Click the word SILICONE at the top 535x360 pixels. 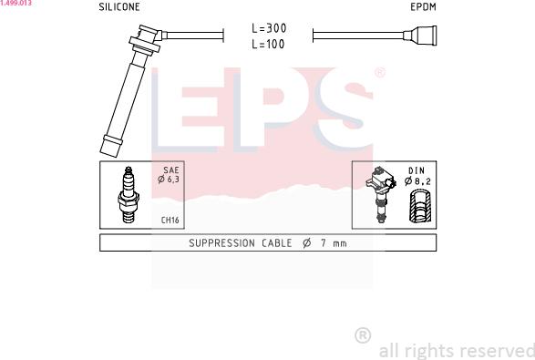click(x=119, y=6)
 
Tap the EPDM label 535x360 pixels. click(x=423, y=6)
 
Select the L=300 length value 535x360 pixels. click(x=269, y=28)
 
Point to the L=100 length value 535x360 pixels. click(x=268, y=44)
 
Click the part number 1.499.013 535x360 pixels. click(x=15, y=3)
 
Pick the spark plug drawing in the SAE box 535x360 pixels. click(x=129, y=194)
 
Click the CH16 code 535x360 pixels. click(x=170, y=220)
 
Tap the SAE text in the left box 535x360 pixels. click(x=171, y=170)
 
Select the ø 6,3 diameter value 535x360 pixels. click(x=169, y=180)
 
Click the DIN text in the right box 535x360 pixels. click(x=417, y=170)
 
